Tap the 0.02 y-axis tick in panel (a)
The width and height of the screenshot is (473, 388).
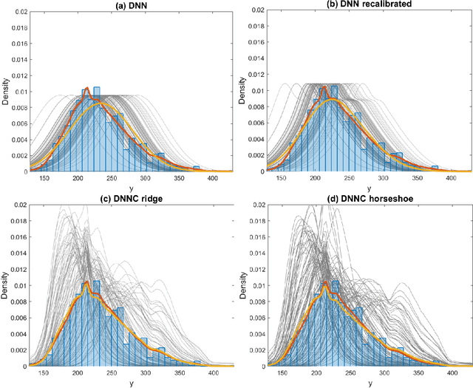click(x=18, y=10)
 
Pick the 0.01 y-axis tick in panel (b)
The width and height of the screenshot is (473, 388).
click(x=255, y=90)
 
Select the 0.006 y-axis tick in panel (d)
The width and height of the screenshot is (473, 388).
click(x=253, y=317)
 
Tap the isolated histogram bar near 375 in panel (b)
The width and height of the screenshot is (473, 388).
click(x=435, y=169)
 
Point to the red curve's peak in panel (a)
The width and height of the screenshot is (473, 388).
click(x=86, y=88)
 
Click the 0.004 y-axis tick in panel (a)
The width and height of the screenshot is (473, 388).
click(x=16, y=139)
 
